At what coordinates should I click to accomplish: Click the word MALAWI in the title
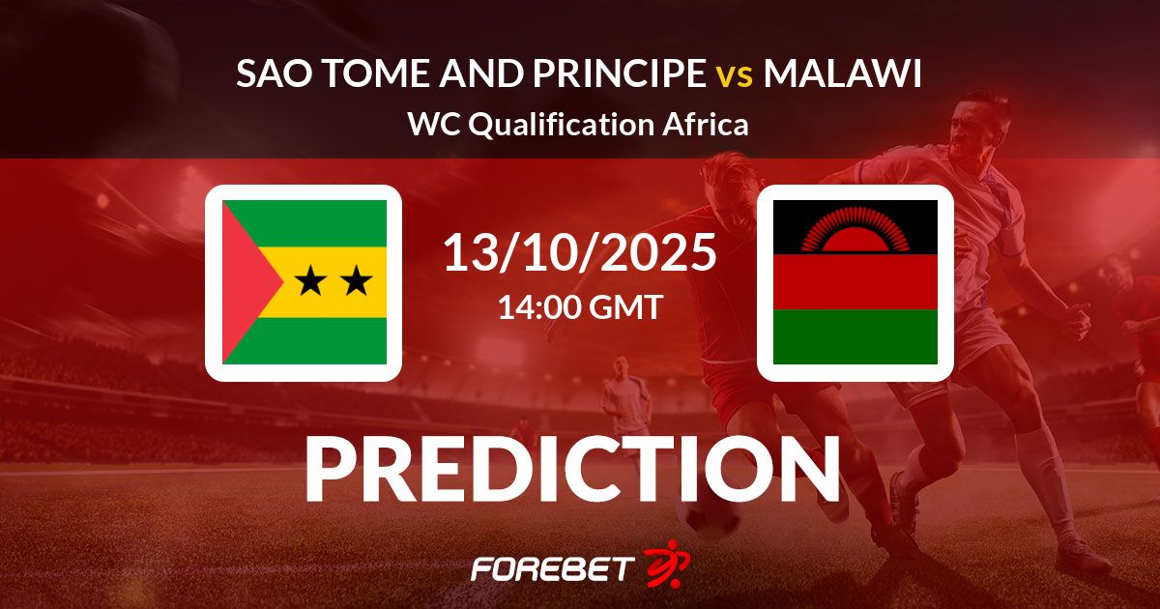tap(843, 73)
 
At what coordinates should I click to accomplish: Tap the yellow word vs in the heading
tap(735, 76)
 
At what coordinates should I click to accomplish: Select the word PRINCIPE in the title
tap(620, 73)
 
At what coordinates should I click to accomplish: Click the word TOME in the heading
tap(378, 73)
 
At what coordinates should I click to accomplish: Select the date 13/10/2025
tap(580, 253)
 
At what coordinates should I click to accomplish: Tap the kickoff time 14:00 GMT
tap(581, 306)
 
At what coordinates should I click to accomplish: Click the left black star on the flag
tap(310, 280)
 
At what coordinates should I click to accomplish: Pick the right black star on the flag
tap(356, 280)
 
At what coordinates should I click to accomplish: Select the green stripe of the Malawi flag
tap(855, 336)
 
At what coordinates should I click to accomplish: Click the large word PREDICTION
tap(572, 469)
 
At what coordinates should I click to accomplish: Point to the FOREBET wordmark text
tap(553, 568)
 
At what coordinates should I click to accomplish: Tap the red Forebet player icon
tap(668, 564)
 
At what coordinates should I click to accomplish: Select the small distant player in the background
tap(625, 393)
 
